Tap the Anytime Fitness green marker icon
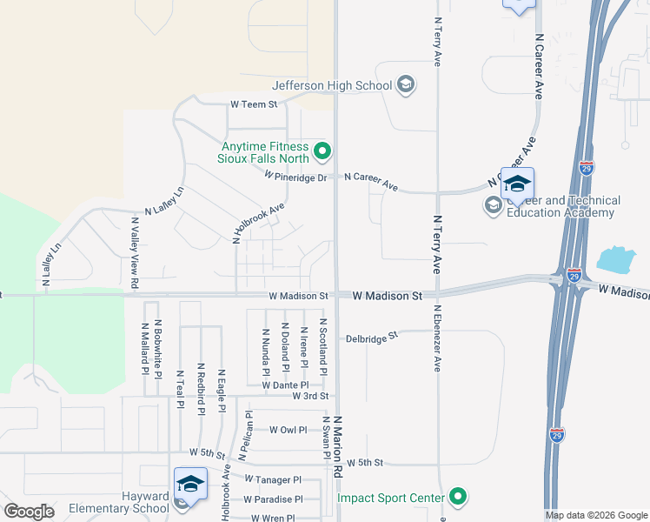pos(322,152)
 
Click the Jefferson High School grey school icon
pos(405,84)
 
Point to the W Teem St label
pos(253,104)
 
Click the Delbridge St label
pos(371,336)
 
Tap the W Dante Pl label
pos(285,385)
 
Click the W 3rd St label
pos(311,396)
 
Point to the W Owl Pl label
pos(289,430)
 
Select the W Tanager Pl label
pos(273,479)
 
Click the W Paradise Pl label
pos(273,499)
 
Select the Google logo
pos(29,512)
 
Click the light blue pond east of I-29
pos(616,259)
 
